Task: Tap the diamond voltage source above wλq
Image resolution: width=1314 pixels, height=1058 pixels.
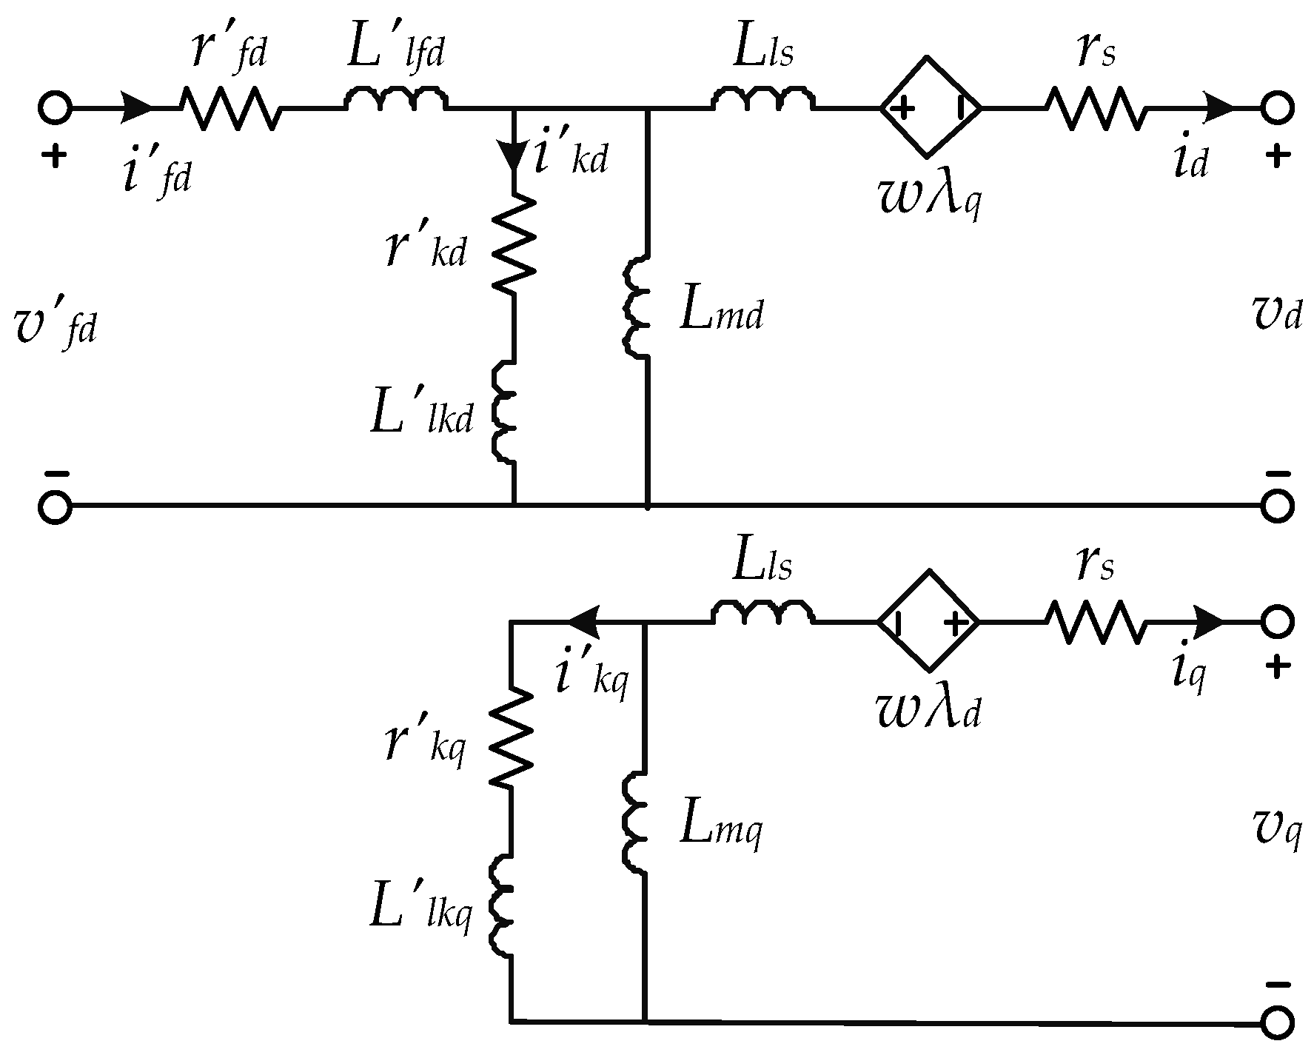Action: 931,107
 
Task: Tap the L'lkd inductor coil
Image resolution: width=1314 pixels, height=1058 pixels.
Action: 503,412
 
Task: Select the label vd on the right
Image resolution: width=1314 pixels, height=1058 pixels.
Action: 1273,315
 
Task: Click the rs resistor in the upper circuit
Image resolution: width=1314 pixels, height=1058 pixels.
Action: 1095,108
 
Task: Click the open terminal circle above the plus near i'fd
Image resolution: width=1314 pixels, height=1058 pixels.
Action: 54,108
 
